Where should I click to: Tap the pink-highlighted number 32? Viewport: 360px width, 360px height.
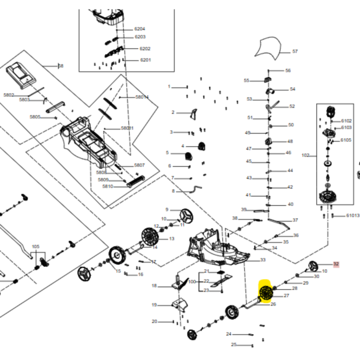click(x=336, y=265)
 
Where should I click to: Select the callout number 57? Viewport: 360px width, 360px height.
click(x=295, y=51)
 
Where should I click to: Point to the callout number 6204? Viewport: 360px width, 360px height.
click(x=139, y=29)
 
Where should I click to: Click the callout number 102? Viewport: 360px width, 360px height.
click(x=305, y=155)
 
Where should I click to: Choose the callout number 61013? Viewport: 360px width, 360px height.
click(x=353, y=216)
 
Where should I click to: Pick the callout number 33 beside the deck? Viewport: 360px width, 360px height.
click(x=263, y=260)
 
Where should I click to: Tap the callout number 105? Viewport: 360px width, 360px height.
click(x=36, y=247)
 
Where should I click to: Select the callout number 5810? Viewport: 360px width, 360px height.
click(x=108, y=186)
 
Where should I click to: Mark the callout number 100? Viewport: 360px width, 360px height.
click(x=192, y=282)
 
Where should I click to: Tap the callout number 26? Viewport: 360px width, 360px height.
click(x=273, y=304)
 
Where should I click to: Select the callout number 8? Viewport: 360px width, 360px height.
click(x=173, y=191)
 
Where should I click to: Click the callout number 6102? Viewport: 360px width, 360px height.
click(x=346, y=121)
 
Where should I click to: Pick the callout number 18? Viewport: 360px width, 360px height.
click(x=154, y=286)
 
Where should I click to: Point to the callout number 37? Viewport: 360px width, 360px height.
click(x=295, y=220)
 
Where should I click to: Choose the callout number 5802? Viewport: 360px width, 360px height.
click(x=9, y=95)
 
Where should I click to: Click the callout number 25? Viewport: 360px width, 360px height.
click(x=234, y=345)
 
